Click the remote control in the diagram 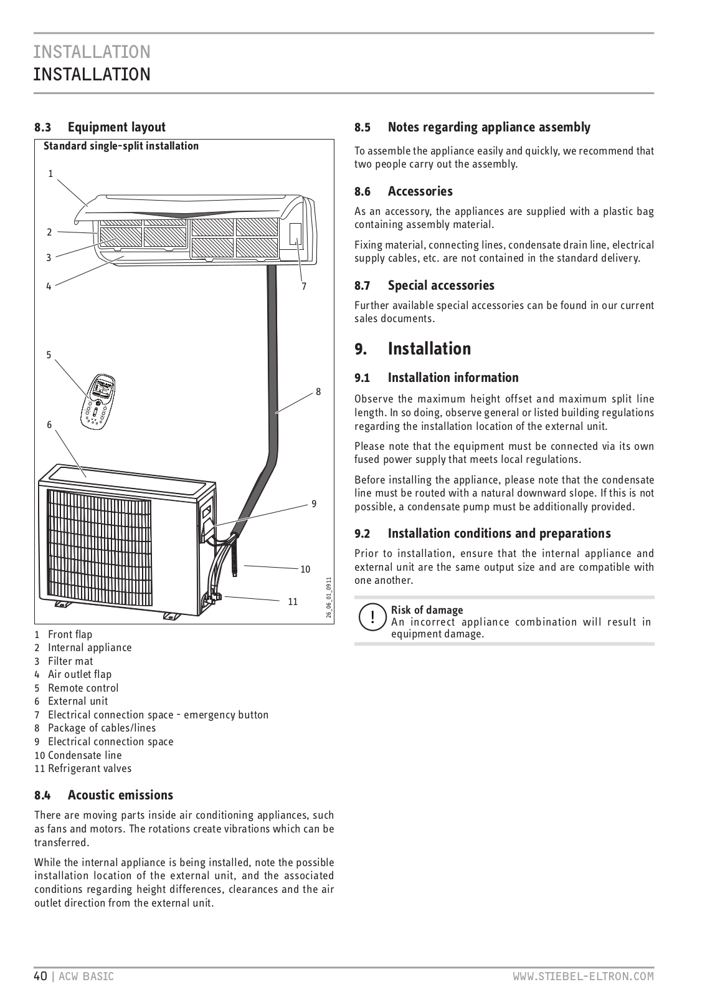98,402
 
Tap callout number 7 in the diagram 304,287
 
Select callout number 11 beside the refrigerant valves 293,601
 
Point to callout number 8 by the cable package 318,392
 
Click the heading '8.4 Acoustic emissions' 103,795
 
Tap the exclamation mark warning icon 372,617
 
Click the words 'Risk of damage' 427,610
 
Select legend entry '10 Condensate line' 78,755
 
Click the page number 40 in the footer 40,976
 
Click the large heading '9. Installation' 412,349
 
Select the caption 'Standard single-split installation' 121,146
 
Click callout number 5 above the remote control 49,355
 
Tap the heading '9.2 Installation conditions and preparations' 483,533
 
